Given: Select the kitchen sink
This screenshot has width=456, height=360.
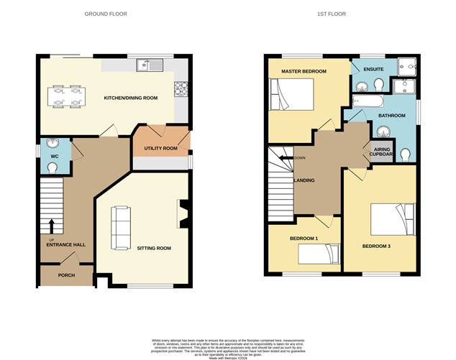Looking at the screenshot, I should point(152,65).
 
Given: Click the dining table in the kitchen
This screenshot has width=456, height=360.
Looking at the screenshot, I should point(65,96).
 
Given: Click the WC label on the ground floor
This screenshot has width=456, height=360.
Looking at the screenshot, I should point(53,155).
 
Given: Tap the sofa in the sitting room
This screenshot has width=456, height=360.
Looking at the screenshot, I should point(119,226).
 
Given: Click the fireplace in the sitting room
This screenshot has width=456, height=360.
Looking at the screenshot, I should point(183,212).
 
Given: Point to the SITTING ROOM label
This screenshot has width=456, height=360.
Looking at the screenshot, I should point(154,248).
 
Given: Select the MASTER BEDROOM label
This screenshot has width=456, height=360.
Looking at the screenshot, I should point(304,72).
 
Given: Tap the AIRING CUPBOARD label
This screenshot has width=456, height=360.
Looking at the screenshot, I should point(382,151).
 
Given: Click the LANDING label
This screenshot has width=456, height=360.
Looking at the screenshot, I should point(304,180).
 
